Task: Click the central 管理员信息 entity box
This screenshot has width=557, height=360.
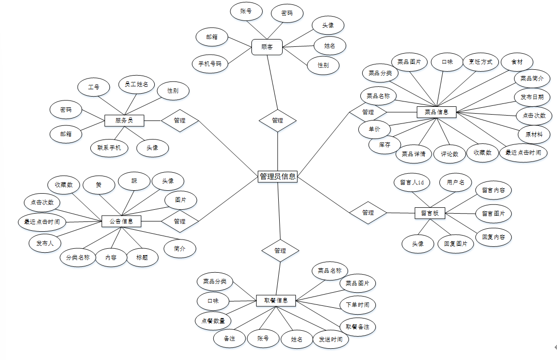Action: tap(277, 177)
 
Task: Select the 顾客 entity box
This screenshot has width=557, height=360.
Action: tap(267, 47)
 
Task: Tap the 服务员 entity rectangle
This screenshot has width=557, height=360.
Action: tap(125, 120)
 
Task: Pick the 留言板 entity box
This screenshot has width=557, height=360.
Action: tap(430, 213)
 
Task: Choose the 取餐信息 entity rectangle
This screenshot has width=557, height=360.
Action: tap(276, 300)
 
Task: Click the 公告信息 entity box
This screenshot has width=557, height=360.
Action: tap(122, 221)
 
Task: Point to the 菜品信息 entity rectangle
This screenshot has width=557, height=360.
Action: tap(436, 112)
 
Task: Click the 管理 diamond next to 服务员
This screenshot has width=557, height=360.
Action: tap(180, 120)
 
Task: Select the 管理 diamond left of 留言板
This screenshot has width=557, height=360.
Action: tap(368, 213)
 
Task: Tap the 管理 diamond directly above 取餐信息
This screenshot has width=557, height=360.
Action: tap(280, 250)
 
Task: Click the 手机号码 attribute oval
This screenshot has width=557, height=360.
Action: tap(210, 63)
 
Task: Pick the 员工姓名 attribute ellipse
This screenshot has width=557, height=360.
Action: tap(137, 84)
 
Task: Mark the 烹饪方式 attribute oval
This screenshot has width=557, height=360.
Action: tap(480, 62)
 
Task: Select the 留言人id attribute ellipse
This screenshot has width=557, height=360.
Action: tap(412, 182)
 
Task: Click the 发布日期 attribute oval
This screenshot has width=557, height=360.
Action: tap(532, 97)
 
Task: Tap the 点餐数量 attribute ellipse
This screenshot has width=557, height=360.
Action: tap(213, 320)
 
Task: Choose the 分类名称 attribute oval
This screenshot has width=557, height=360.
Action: tap(78, 257)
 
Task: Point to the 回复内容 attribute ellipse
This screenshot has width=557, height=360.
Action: tap(493, 237)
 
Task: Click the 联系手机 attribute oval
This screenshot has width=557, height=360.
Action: tap(109, 147)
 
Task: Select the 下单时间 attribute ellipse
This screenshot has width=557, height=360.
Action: tap(357, 305)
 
